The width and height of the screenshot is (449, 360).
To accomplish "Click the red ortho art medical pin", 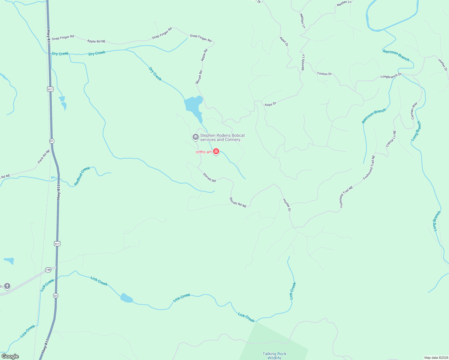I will (x=216, y=151).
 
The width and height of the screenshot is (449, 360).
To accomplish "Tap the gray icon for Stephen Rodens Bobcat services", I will (x=195, y=137).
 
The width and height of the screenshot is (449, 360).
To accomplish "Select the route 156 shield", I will (x=48, y=270).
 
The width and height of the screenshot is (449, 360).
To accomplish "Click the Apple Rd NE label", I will (x=96, y=41).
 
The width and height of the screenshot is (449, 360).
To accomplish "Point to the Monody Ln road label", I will (x=303, y=62).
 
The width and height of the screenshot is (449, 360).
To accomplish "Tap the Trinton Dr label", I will (x=324, y=73).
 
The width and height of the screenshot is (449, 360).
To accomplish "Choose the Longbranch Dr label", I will (x=391, y=76).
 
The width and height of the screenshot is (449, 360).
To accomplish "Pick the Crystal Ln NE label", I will (x=391, y=139).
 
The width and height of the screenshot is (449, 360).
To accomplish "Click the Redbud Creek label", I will (x=82, y=176).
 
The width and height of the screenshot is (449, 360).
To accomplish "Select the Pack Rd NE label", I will (x=44, y=156).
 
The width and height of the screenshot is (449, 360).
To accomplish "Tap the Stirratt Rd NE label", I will (x=238, y=202).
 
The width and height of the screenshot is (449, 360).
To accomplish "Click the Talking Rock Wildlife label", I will (x=274, y=356).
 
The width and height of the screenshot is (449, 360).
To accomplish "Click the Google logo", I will (x=10, y=356).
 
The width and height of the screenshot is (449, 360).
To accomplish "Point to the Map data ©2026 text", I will (x=435, y=358).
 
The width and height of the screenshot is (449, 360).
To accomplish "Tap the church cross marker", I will (x=7, y=286).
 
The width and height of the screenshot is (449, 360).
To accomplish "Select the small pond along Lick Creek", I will (x=126, y=298).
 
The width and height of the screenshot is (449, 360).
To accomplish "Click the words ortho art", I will (x=204, y=152).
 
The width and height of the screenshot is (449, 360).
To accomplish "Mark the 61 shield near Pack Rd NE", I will (x=52, y=141).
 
